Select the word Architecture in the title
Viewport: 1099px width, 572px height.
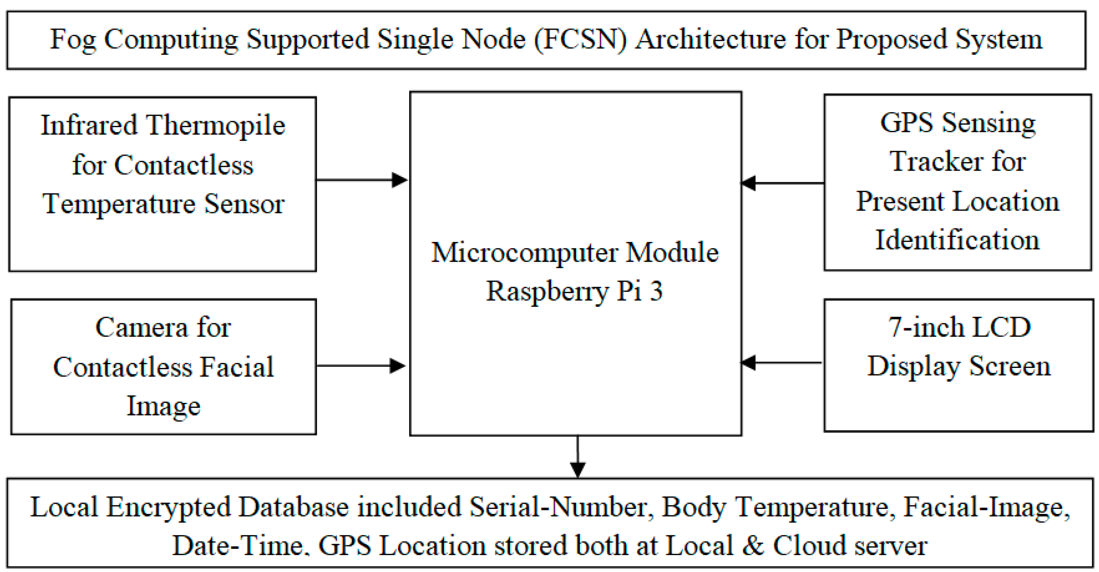coord(710,40)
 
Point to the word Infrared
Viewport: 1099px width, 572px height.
coord(89,125)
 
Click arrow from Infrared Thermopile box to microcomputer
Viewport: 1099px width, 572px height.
coord(362,180)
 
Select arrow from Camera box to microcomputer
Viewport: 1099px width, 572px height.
coord(361,366)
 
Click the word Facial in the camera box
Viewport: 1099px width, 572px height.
coord(237,367)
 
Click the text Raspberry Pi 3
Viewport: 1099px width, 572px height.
coord(574,291)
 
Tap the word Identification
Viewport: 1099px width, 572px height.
coord(957,240)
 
